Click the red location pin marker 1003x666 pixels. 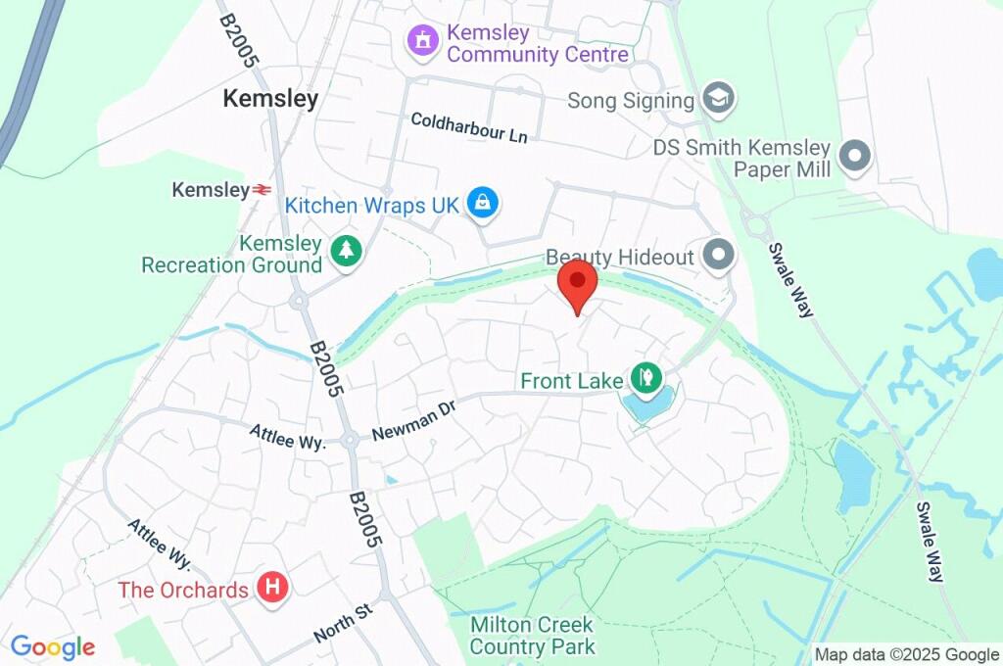(577, 283)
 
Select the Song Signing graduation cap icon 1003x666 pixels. (720, 99)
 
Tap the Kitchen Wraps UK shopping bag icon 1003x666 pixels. (482, 204)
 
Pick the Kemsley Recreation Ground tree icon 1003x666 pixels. (346, 252)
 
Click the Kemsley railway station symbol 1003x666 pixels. (261, 190)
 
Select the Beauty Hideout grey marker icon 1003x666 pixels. (720, 257)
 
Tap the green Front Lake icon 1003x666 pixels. (645, 375)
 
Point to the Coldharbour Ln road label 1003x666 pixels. (468, 127)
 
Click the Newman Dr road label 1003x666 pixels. (414, 422)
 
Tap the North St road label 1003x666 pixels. (344, 623)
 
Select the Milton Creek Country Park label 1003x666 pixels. (532, 636)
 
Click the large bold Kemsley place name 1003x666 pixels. (270, 99)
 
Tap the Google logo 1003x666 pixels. (53, 646)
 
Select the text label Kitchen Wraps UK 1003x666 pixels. (371, 206)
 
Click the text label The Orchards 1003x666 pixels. (183, 590)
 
